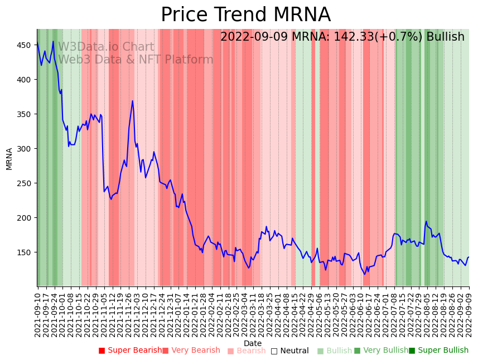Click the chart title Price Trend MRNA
coord(245,15)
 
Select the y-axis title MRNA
coord(9,158)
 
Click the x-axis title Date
coord(253,343)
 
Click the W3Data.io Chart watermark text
coord(106,47)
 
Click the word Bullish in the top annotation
coord(445,37)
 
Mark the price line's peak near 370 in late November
coord(132,101)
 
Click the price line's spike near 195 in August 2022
coord(426,221)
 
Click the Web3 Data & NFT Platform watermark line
coord(136,60)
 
